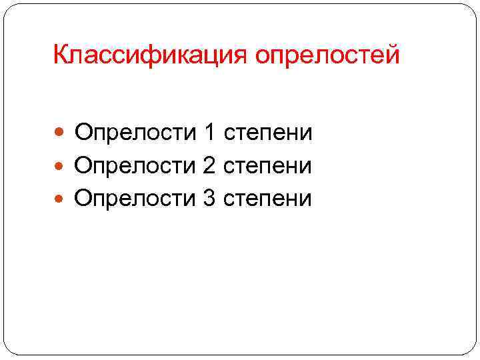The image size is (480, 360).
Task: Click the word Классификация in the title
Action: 149,55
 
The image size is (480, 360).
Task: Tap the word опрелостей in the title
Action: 327,55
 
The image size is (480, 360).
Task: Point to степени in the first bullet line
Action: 268,133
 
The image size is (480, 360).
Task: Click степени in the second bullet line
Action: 268,165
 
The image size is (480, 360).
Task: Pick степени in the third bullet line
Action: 268,198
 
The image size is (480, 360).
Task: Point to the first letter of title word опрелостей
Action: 263,57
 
